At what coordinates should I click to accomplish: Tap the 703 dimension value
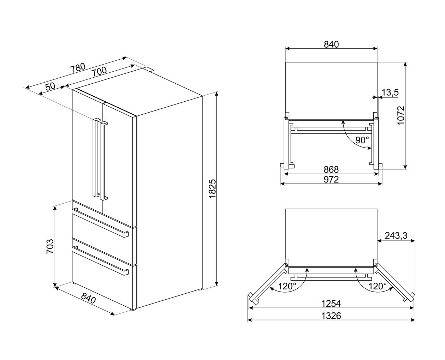(50, 246)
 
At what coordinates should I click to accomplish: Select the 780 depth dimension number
(78, 67)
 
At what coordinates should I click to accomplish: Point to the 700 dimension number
(99, 71)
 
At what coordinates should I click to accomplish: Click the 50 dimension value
(50, 86)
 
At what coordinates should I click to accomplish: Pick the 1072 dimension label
(401, 115)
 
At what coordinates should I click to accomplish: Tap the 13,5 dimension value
(390, 92)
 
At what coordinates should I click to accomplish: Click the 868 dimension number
(331, 169)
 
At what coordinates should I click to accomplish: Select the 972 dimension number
(331, 179)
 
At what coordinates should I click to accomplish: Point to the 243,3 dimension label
(396, 235)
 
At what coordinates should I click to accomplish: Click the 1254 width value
(331, 304)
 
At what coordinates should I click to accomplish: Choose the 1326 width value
(331, 316)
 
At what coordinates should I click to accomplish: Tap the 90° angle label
(362, 140)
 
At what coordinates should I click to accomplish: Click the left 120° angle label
(287, 286)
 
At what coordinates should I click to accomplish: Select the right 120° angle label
(377, 286)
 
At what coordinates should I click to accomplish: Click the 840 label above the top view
(331, 44)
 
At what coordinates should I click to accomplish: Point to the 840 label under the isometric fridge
(88, 298)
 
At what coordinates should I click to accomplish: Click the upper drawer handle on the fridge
(100, 223)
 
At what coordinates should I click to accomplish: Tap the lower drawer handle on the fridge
(100, 261)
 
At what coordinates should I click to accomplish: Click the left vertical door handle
(96, 157)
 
